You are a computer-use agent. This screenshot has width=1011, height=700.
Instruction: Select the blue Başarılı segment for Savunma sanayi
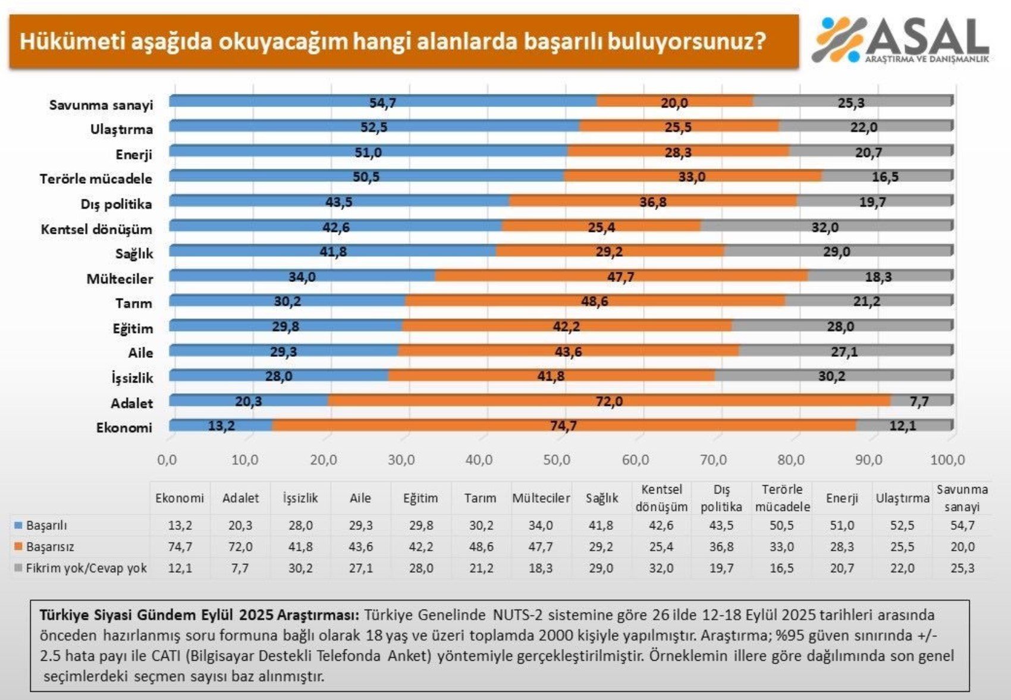click(297, 101)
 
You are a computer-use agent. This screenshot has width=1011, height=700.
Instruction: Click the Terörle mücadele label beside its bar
click(96, 179)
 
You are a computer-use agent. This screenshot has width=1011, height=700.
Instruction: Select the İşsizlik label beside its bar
click(132, 378)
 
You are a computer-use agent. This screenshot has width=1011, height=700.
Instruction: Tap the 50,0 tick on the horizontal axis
click(557, 460)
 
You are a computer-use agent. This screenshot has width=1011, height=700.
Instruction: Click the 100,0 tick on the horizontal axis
click(947, 460)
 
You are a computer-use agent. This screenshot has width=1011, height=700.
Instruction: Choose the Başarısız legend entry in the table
click(50, 547)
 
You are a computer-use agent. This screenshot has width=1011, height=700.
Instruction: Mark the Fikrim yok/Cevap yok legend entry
click(86, 568)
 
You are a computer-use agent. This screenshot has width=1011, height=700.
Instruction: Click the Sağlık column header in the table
click(601, 498)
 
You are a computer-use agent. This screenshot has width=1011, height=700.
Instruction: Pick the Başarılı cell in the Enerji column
click(842, 526)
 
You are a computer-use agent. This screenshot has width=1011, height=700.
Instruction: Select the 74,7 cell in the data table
click(180, 547)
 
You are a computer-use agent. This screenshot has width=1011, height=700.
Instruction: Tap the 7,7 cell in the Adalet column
click(240, 568)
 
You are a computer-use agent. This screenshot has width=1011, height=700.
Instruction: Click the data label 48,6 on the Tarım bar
click(594, 302)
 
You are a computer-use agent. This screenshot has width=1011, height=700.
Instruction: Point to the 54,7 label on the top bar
click(382, 103)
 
